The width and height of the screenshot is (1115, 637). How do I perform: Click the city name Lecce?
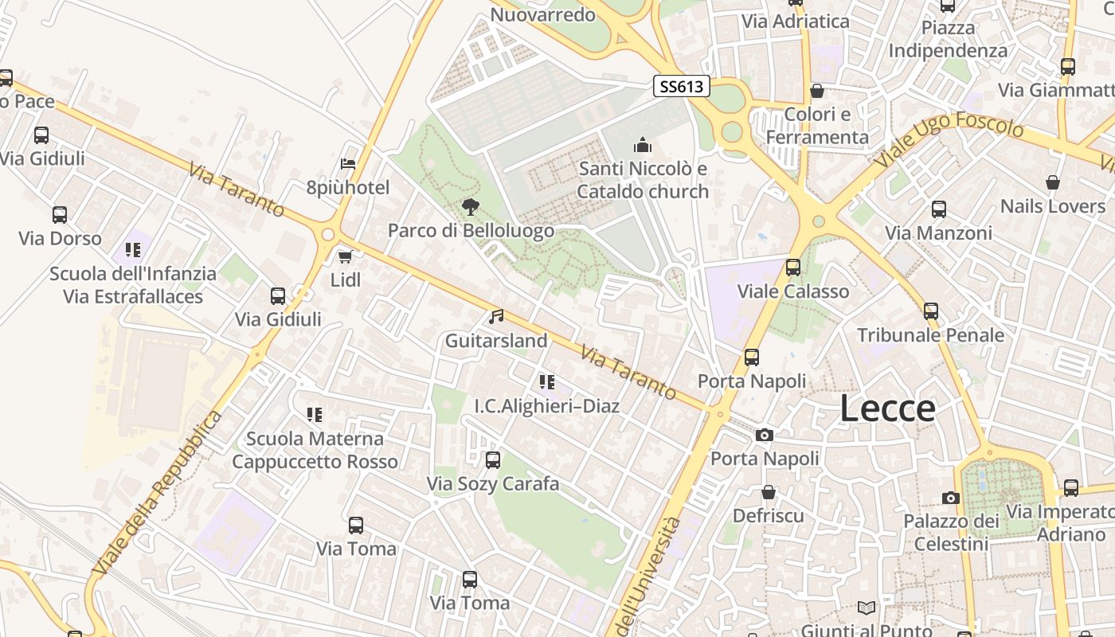[888, 408]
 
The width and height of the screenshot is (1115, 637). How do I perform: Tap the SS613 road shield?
[682, 86]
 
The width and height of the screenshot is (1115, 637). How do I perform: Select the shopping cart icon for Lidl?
[345, 256]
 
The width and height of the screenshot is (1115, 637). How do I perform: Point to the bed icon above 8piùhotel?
[348, 164]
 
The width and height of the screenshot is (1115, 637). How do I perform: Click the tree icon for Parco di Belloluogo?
[471, 207]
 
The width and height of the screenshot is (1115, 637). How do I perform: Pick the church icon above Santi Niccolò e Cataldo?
[643, 145]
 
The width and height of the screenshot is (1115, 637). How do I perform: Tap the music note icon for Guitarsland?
[496, 317]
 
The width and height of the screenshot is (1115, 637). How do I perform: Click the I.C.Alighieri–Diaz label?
[547, 406]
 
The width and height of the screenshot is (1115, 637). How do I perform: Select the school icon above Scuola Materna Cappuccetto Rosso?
[315, 415]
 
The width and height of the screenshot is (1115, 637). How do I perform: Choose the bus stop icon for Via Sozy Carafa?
[493, 460]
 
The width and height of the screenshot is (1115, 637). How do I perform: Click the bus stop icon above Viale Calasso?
[793, 268]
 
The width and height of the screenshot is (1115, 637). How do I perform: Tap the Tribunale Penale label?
[930, 335]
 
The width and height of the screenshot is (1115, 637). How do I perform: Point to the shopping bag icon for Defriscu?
[769, 492]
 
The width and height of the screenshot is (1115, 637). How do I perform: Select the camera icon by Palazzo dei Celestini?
[950, 498]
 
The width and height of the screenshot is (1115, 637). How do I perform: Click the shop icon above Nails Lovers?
[1053, 182]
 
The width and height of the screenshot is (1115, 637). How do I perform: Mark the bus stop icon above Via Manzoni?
[939, 209]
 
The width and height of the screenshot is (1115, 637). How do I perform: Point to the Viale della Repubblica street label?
[157, 494]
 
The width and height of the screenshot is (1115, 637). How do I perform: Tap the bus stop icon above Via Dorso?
[60, 215]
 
